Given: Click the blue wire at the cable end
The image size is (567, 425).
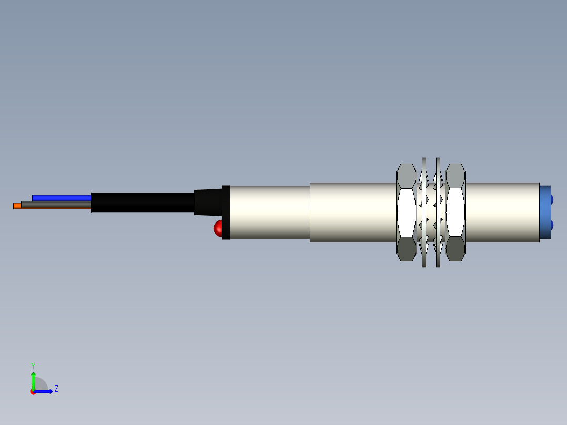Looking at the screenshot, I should (60, 198).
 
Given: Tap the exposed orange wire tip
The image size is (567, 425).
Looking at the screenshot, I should (17, 206).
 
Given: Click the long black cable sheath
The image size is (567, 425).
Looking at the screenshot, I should (142, 202).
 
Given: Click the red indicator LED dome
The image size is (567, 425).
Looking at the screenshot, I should (218, 228).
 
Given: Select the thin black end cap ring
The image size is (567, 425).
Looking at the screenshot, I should (226, 212).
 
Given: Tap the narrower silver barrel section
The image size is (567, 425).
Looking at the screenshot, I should (269, 212).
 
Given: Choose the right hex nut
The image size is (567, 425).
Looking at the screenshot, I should (455, 212).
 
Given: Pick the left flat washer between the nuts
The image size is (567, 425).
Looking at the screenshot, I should (423, 212).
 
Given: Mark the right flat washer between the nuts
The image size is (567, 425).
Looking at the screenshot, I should (438, 212).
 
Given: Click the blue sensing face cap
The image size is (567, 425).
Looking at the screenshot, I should (545, 212).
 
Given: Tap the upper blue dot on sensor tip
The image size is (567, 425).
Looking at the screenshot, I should (552, 199).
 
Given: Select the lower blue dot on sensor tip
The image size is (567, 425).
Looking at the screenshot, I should (552, 226).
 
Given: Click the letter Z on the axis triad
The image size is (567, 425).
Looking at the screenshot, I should (56, 389).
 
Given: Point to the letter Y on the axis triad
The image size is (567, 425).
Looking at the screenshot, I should (33, 365).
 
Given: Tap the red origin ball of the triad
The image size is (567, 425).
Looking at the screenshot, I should (33, 392).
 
